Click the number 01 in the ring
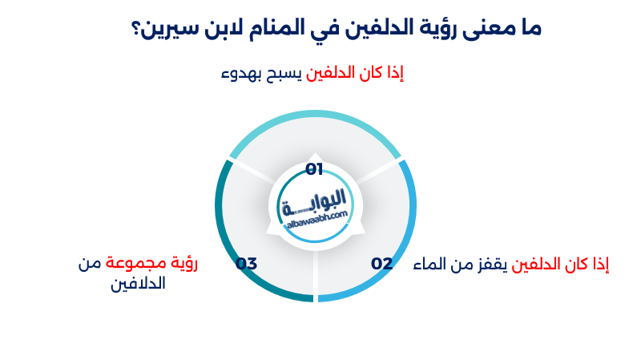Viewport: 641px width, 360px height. pyautogui.click(x=314, y=169)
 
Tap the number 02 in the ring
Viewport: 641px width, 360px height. pyautogui.click(x=381, y=263)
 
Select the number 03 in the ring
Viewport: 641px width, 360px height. pyautogui.click(x=246, y=263)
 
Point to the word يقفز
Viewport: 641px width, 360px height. pyautogui.click(x=490, y=264)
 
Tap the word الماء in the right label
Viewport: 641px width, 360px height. pyautogui.click(x=429, y=264)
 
